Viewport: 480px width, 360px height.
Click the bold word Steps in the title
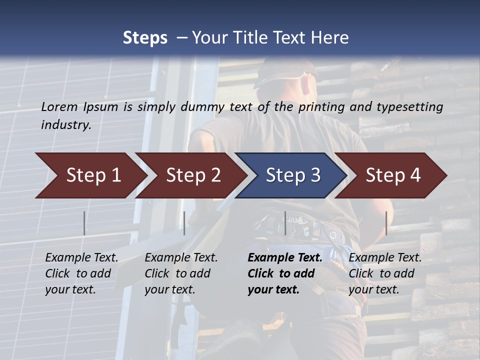click(x=145, y=38)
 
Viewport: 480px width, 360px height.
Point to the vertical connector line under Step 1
click(x=84, y=223)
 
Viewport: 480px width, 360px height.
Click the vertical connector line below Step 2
click(x=184, y=223)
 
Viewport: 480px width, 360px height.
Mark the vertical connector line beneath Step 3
click(x=285, y=223)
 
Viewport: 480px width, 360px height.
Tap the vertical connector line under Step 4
click(x=386, y=223)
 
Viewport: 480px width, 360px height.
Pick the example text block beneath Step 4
click(x=385, y=273)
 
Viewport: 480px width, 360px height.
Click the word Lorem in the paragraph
click(x=59, y=107)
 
